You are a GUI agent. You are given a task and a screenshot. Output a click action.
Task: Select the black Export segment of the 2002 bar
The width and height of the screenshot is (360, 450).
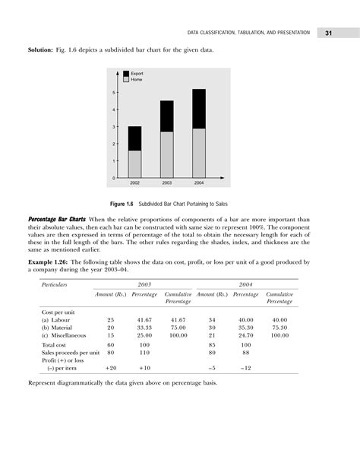(x=134, y=138)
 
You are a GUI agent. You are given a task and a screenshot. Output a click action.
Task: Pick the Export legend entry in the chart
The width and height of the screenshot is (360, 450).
(x=137, y=73)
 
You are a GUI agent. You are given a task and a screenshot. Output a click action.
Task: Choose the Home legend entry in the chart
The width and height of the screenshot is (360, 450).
(x=136, y=79)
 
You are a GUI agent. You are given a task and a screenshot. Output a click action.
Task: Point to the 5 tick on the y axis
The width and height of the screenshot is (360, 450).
(x=114, y=93)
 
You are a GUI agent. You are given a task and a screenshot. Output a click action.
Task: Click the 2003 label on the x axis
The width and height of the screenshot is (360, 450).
(x=166, y=184)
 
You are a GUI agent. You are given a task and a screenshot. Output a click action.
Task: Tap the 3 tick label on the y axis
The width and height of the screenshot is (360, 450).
(x=114, y=127)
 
